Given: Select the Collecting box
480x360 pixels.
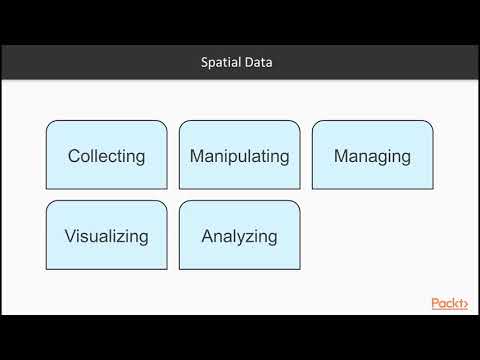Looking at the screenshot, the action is click(x=106, y=155).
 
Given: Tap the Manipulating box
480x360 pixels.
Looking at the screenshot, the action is click(x=239, y=155).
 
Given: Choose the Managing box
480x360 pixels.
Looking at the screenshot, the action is click(x=372, y=155).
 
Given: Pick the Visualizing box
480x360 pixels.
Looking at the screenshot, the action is click(x=106, y=236).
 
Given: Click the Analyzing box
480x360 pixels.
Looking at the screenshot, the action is click(x=239, y=236).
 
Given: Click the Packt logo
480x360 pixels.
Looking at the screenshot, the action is click(x=449, y=303).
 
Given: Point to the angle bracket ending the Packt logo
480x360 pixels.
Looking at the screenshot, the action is click(x=464, y=303).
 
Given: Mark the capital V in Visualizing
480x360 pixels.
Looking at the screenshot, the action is click(x=70, y=237).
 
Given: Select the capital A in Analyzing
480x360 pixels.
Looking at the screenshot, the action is click(x=207, y=237).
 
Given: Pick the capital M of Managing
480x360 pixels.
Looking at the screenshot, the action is click(x=341, y=156).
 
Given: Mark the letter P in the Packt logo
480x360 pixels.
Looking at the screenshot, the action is click(x=436, y=303).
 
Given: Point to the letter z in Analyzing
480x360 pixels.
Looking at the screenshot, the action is click(x=248, y=237).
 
